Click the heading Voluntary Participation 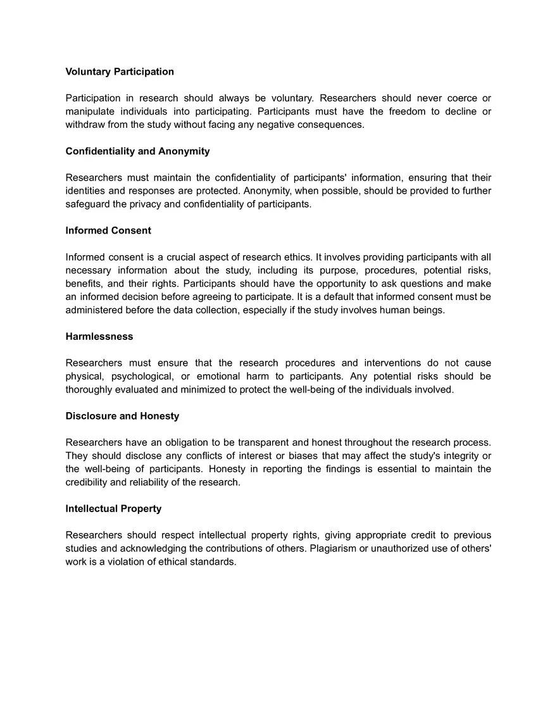click(x=120, y=72)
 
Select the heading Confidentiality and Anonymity click(x=137, y=151)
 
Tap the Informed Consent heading click(x=108, y=230)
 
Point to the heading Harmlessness click(x=99, y=336)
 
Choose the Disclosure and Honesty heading click(x=122, y=416)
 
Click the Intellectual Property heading click(x=113, y=508)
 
